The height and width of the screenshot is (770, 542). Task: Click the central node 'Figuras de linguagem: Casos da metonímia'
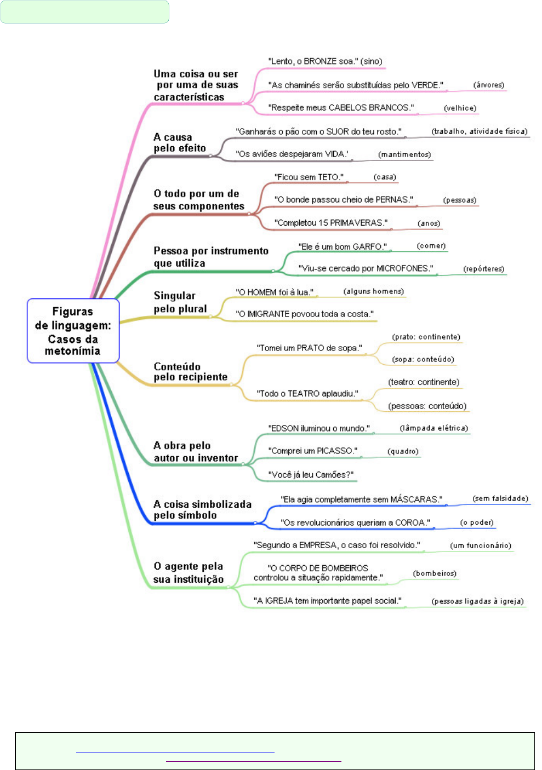(x=73, y=331)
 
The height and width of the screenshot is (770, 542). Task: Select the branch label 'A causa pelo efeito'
(x=180, y=142)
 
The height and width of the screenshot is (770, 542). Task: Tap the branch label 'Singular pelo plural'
(x=180, y=302)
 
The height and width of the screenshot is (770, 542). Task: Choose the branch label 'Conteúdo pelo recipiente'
(x=191, y=372)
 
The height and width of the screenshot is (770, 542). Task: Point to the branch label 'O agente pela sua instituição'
(x=189, y=572)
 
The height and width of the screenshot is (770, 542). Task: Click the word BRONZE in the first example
(x=320, y=61)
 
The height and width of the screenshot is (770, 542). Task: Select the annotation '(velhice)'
(x=460, y=108)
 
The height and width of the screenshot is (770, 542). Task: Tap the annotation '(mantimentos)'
(x=404, y=154)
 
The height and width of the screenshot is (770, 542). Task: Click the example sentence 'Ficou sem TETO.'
(x=309, y=177)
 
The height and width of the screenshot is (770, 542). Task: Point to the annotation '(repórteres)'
(x=483, y=269)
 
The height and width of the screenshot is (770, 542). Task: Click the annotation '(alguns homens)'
(x=374, y=291)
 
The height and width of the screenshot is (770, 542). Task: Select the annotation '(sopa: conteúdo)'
(x=423, y=359)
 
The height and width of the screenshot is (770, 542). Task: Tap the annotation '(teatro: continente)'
(x=424, y=382)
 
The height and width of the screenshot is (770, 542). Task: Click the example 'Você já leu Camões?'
(x=311, y=475)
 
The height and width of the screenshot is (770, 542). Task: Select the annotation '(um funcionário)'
(x=481, y=545)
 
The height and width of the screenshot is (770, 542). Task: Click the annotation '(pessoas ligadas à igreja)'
(x=478, y=601)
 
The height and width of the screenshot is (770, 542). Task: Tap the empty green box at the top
(x=85, y=12)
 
